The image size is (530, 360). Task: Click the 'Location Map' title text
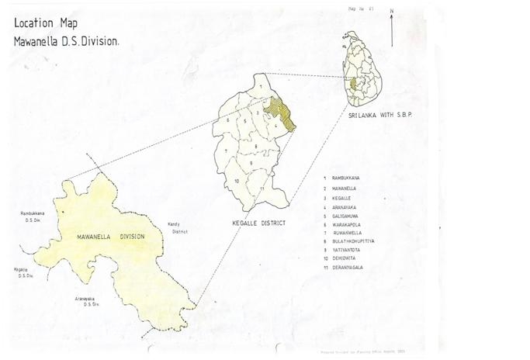(x=45, y=23)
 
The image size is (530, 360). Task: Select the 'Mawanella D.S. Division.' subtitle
(x=66, y=40)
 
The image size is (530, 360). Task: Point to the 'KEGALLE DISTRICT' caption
(x=258, y=223)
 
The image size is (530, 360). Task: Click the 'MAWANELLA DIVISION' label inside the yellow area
(x=111, y=235)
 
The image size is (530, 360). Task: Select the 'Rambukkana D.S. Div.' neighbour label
(x=32, y=216)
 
